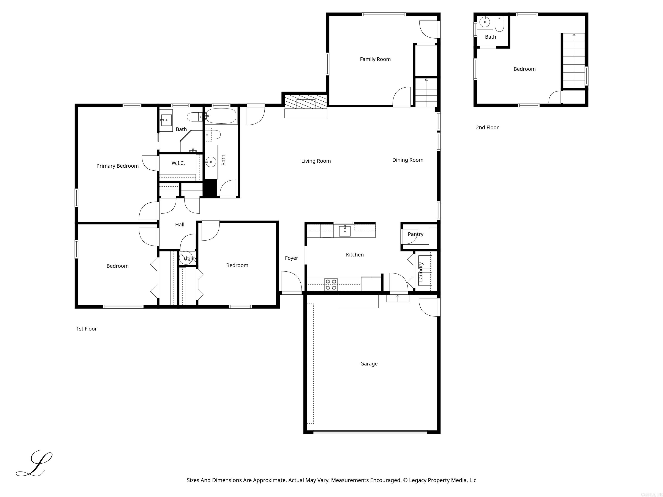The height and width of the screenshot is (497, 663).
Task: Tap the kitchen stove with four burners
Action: click(331, 284)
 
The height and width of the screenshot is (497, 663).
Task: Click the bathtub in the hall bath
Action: click(221, 116)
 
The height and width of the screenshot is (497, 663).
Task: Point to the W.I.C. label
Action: click(178, 163)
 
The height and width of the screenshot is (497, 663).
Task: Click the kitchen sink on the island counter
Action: click(345, 231)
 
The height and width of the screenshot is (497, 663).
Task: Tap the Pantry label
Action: click(415, 234)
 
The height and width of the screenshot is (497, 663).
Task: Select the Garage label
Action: click(369, 364)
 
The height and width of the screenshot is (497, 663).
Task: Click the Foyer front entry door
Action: click(291, 282)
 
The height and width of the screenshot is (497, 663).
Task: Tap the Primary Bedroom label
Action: click(117, 166)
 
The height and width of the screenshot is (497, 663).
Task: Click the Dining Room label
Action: click(408, 160)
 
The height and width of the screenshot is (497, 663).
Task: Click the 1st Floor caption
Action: click(86, 329)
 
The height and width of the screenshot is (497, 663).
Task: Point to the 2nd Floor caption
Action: click(487, 127)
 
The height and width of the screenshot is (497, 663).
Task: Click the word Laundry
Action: click(420, 271)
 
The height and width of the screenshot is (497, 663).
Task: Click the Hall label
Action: click(180, 224)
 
